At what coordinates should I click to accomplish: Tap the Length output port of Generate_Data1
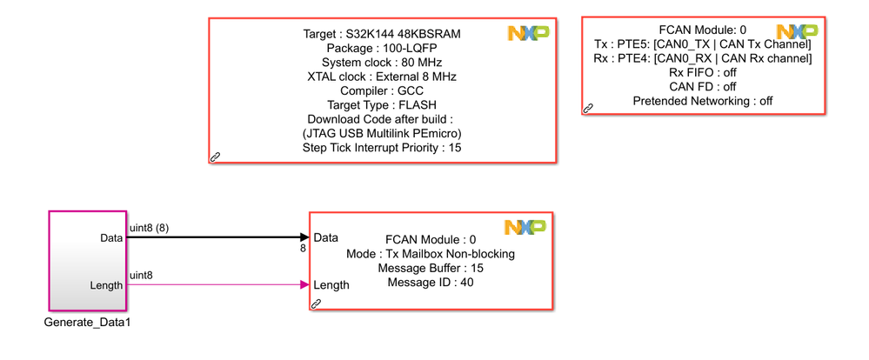[105, 284]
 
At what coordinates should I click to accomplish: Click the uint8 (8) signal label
[149, 228]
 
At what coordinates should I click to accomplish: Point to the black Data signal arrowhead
[304, 237]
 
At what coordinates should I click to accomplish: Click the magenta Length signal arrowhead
[304, 284]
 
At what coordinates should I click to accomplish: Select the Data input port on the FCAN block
[326, 237]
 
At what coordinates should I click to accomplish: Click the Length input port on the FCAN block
[331, 284]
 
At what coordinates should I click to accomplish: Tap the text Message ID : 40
[430, 283]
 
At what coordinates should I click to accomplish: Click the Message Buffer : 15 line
[430, 268]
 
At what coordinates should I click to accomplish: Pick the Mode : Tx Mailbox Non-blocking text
[430, 254]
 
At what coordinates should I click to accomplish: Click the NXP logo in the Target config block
[528, 33]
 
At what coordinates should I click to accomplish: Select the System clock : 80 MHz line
[382, 63]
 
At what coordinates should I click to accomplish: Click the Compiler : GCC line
[382, 90]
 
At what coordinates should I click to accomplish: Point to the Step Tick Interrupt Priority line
[382, 147]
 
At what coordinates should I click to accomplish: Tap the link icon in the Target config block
[216, 157]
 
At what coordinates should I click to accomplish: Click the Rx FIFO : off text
[703, 72]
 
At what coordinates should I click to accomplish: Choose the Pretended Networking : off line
[703, 101]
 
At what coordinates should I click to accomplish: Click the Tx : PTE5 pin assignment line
[703, 43]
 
